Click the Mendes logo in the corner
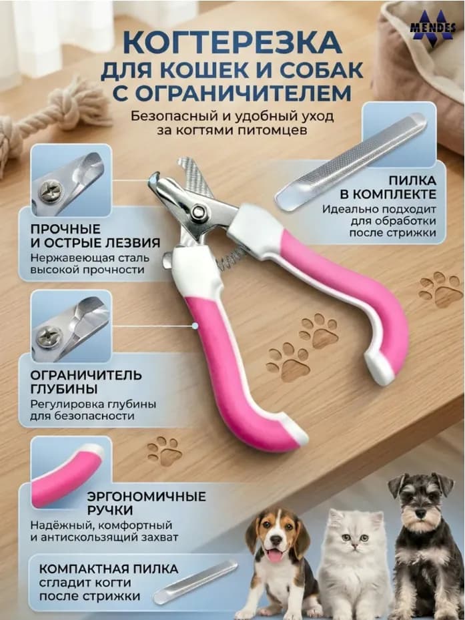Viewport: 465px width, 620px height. [432, 27]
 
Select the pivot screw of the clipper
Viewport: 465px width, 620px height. [197, 210]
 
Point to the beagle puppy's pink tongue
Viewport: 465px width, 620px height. [274, 556]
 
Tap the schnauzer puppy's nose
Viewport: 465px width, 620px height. [421, 514]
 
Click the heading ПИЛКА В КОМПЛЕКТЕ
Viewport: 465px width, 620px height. [388, 188]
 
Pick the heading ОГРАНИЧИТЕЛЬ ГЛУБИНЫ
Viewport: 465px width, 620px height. [86, 382]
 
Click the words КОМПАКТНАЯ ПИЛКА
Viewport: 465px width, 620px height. [108, 569]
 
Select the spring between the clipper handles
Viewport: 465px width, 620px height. [231, 258]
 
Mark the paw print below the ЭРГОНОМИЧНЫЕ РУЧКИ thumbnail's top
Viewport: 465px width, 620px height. [165, 450]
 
